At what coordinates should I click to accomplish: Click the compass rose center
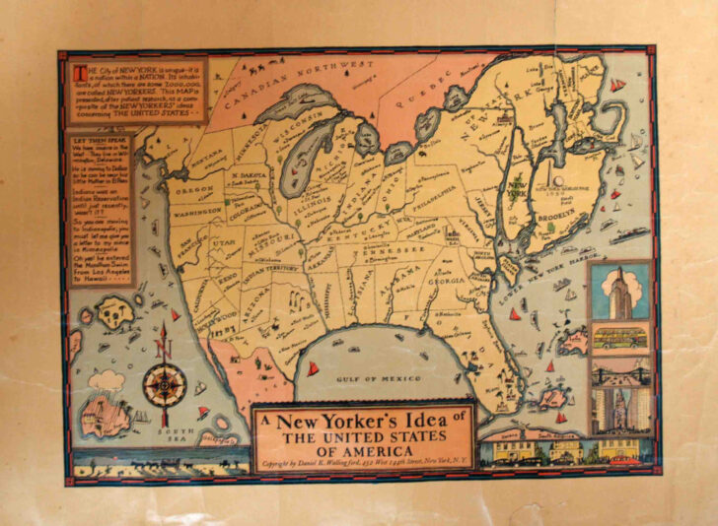click(x=164, y=385)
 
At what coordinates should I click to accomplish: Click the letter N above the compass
click(x=164, y=347)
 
